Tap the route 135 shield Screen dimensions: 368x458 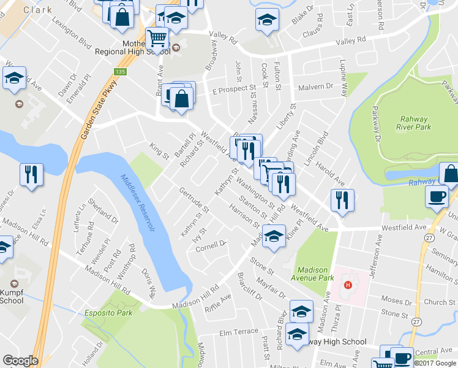pos(122,72)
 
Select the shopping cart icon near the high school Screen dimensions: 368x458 pos(157,39)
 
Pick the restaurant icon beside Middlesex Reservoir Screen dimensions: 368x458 pos(30,174)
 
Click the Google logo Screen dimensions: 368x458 pos(20,361)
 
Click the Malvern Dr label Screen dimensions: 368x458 pos(315,87)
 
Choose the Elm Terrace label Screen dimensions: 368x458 pos(239,332)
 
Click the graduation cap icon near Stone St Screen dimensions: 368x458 pos(274,236)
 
